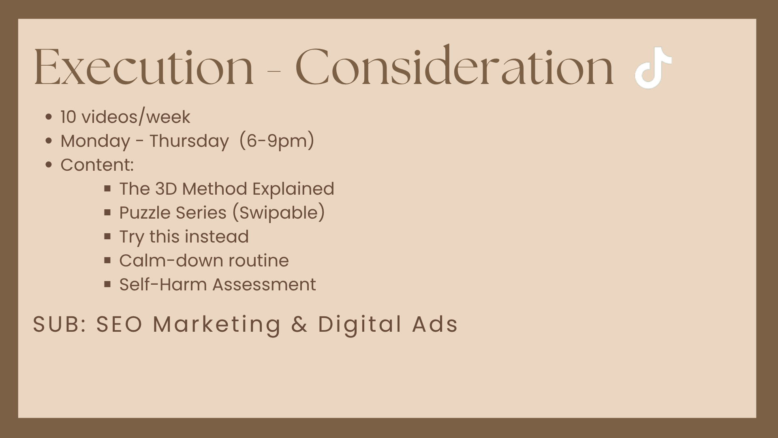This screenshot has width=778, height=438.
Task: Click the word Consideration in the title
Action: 455,65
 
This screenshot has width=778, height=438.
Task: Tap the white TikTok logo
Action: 653,68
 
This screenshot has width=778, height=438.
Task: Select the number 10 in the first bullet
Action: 68,117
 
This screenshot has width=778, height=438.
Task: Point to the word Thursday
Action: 189,142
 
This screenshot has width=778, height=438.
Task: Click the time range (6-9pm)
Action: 277,141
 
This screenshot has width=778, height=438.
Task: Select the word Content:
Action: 97,165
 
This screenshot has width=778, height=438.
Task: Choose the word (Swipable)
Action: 278,213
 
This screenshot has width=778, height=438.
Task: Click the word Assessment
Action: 264,284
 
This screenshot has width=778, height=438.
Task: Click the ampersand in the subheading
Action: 299,324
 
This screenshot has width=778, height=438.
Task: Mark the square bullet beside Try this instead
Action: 107,236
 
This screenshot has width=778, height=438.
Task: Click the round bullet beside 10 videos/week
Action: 49,117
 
